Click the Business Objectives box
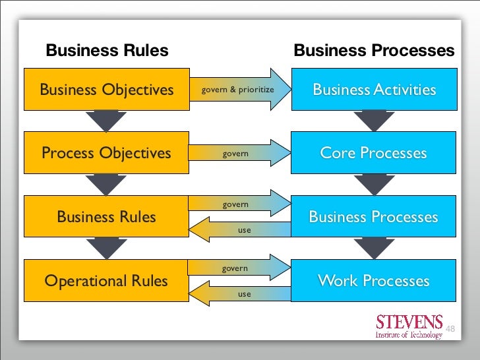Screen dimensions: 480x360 (107, 90)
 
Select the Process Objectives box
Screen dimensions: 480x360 (107, 154)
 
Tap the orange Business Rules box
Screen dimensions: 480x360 (107, 217)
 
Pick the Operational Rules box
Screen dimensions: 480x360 (107, 282)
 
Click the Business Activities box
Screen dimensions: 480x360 (374, 90)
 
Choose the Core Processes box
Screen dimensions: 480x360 (374, 154)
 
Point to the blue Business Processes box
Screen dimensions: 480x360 (374, 217)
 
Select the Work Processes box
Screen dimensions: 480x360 (374, 282)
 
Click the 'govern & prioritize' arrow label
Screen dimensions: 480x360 (237, 89)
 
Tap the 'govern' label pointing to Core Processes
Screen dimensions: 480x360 (235, 154)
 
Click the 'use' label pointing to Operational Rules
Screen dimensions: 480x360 (245, 294)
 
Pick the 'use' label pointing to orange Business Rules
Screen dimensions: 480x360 (245, 231)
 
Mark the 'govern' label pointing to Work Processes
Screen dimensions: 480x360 (235, 268)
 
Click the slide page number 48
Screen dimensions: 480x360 (451, 328)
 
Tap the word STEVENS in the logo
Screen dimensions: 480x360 (409, 322)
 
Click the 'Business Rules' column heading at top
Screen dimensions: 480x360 (106, 51)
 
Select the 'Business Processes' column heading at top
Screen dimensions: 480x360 (374, 51)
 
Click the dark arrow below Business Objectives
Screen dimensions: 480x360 (107, 121)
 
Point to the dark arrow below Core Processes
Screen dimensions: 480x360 (374, 185)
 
